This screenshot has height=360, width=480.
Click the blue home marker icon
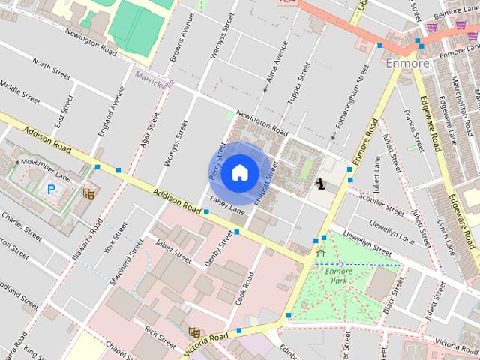point(239,172)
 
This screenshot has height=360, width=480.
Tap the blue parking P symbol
point(51,190)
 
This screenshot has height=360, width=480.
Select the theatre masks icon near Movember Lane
point(88,193)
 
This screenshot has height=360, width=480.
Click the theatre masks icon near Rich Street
point(194,331)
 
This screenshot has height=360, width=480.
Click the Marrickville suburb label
point(154,77)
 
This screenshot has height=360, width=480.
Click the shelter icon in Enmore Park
point(321,253)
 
